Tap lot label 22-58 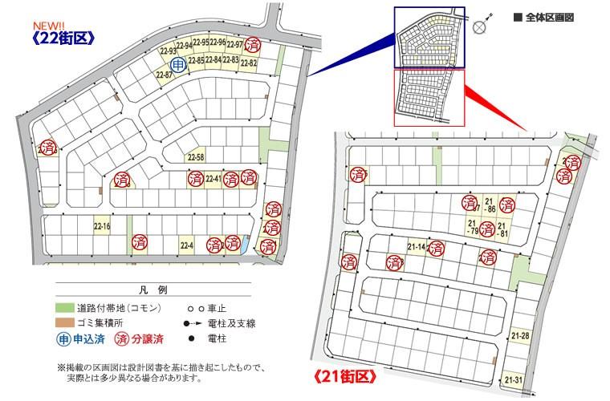pos(196,157)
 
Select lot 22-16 pos(102,227)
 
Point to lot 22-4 pos(187,245)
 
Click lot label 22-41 pos(213,179)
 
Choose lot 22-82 pos(249,63)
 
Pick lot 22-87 pos(164,75)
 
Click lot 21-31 pos(514,379)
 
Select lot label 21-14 pos(417,247)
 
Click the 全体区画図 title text pos(549,16)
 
